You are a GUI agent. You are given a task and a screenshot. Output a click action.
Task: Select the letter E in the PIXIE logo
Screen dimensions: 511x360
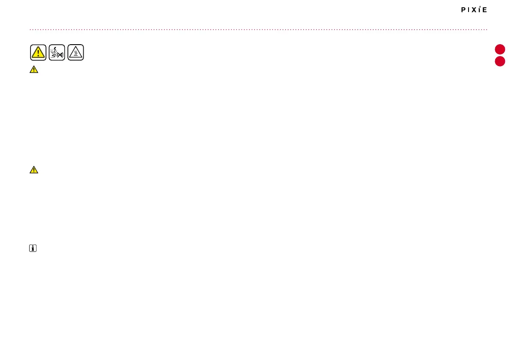tap(485, 10)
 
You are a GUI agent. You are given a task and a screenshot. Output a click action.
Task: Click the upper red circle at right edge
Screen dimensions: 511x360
tap(500, 49)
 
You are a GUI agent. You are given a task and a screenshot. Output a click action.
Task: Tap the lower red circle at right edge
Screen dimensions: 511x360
tap(500, 61)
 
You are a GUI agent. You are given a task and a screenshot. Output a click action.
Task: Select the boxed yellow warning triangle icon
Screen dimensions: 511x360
tap(38, 52)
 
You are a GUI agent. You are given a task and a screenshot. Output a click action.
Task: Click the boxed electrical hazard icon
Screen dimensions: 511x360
tap(57, 52)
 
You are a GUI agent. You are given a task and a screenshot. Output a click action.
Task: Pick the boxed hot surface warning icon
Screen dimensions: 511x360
tap(76, 52)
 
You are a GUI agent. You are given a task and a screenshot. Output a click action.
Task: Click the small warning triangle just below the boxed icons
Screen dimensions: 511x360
tap(34, 70)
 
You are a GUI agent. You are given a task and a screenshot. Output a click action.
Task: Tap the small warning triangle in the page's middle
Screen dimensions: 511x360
tap(34, 170)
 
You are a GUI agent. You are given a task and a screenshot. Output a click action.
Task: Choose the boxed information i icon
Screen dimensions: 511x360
tap(33, 248)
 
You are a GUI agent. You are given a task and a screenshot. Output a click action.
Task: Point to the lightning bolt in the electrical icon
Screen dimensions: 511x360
tap(55, 49)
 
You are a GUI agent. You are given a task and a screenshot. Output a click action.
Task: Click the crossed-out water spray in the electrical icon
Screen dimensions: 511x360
tap(60, 54)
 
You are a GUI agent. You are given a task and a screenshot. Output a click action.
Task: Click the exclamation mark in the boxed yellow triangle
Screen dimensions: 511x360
tap(38, 53)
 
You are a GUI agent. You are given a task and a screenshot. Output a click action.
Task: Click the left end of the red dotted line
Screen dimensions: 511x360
tap(30, 30)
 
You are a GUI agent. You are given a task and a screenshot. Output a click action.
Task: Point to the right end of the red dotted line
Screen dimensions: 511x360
tap(487, 30)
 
